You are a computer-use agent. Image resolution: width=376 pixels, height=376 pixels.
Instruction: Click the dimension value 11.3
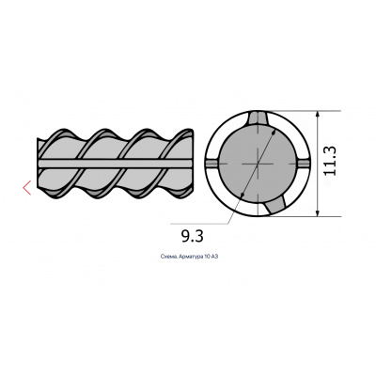(x=330, y=161)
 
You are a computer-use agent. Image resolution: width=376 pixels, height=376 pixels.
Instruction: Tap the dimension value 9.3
(x=193, y=236)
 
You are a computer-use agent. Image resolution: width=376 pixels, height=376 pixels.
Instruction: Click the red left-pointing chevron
(x=27, y=188)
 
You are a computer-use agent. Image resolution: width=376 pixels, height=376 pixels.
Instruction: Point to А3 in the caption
(x=214, y=257)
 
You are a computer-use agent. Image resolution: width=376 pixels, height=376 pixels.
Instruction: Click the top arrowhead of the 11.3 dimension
(x=318, y=115)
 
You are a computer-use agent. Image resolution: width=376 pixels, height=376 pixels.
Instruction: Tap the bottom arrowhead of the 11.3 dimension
(x=318, y=212)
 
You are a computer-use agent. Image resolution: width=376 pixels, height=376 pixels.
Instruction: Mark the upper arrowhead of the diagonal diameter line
(x=274, y=133)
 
